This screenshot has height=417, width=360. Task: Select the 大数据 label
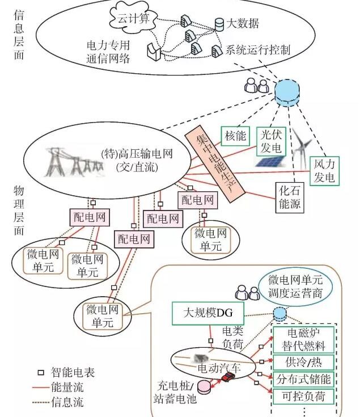coord(243,23)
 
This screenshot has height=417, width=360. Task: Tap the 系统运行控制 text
coord(258,50)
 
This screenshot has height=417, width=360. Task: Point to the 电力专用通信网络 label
coord(108,49)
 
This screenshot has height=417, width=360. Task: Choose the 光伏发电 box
coord(270,141)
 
